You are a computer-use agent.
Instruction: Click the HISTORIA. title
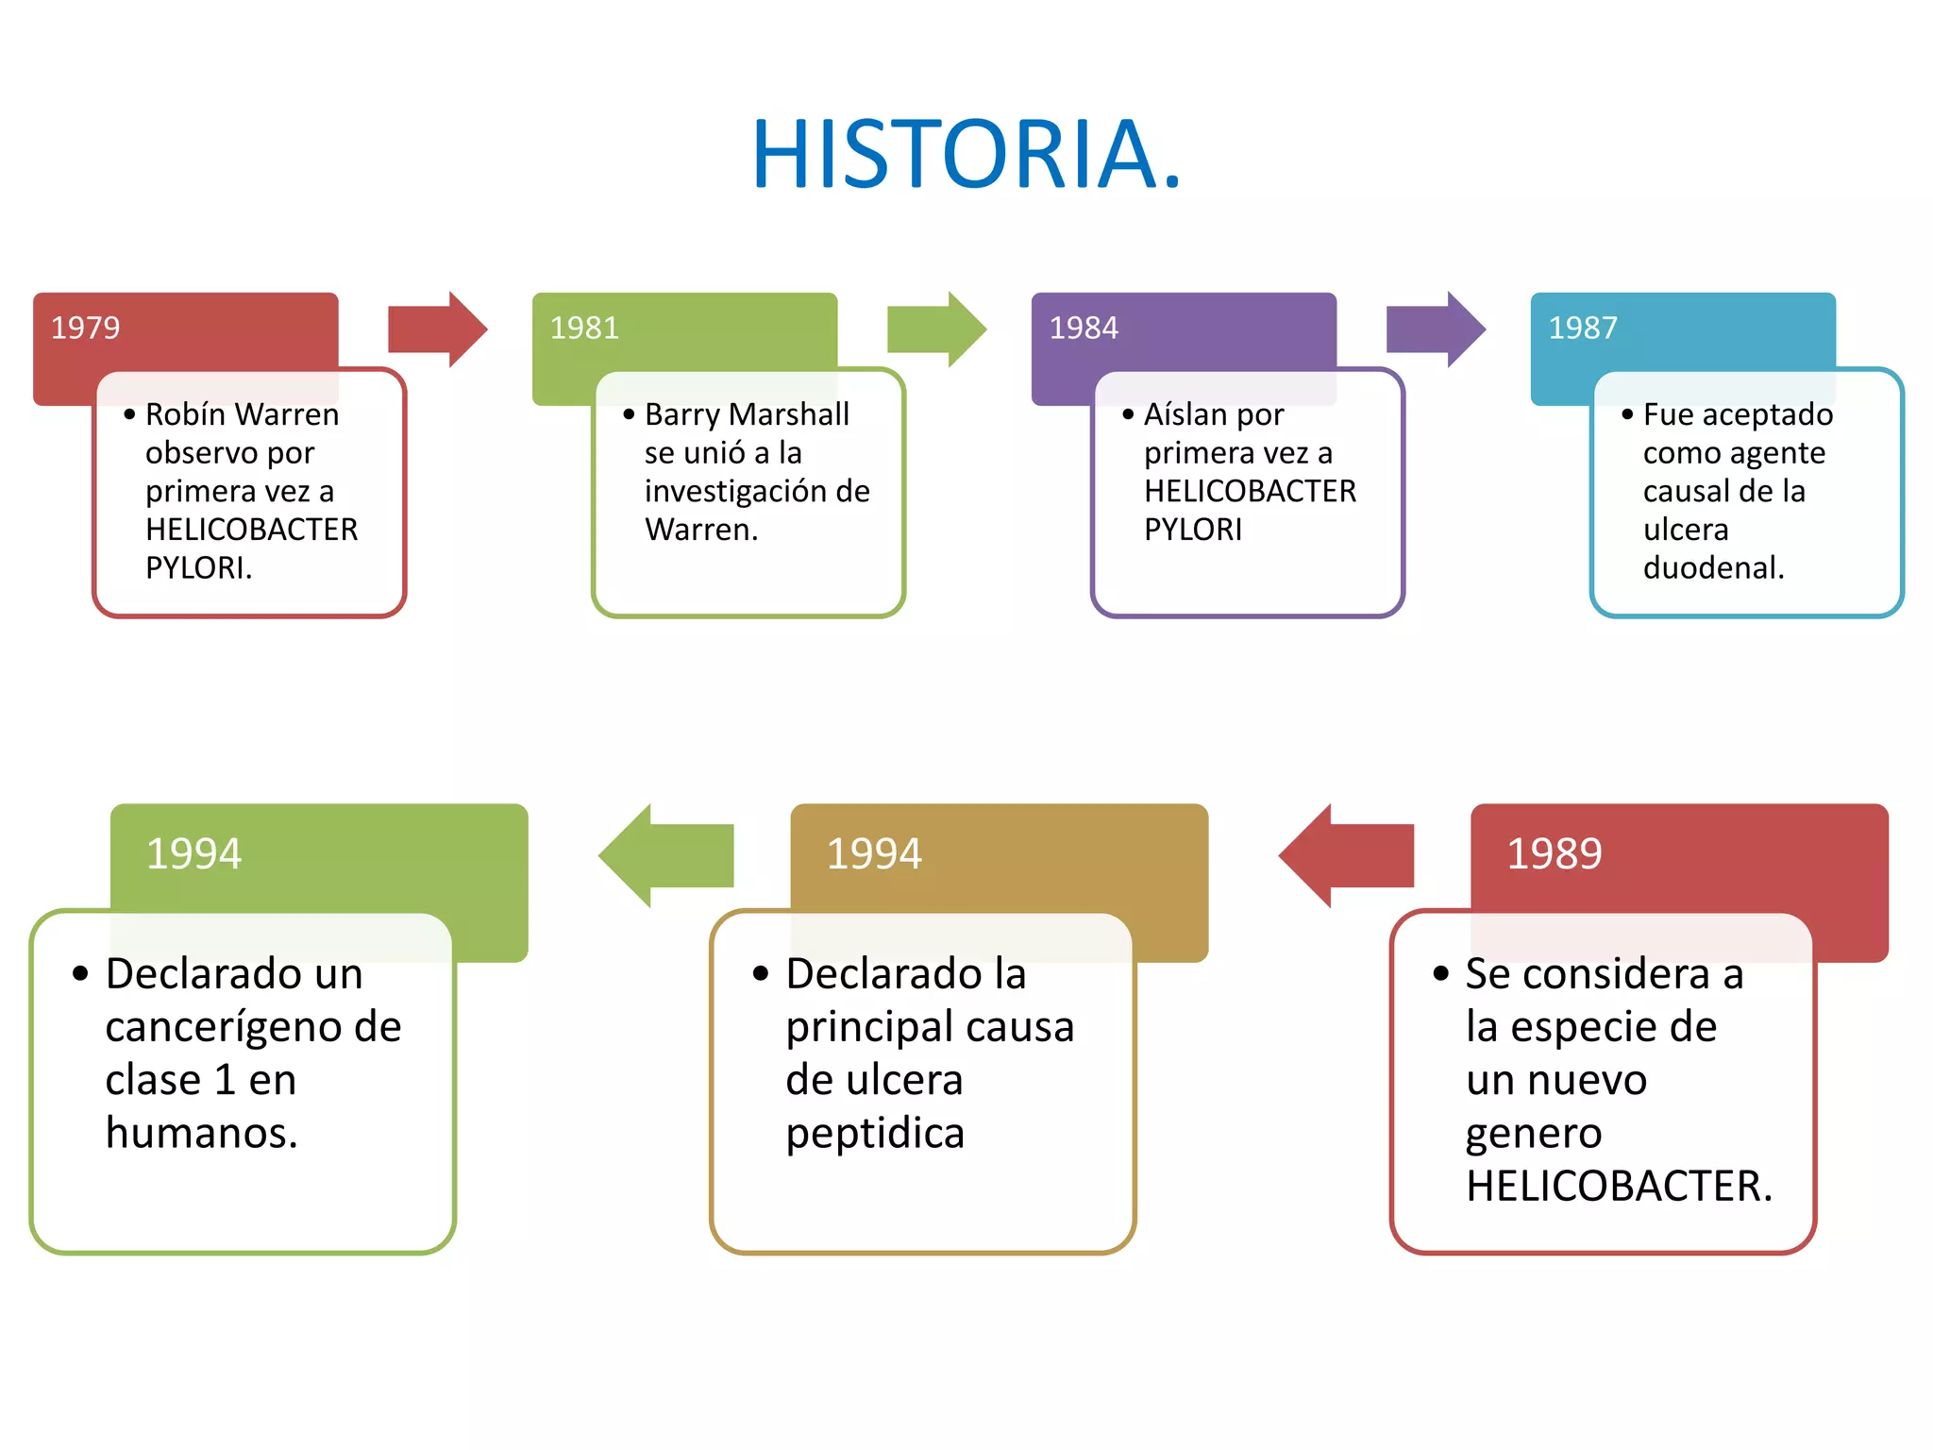(x=966, y=154)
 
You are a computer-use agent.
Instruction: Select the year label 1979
(x=85, y=328)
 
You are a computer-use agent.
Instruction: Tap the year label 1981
(x=584, y=328)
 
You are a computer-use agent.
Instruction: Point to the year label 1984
(x=1084, y=328)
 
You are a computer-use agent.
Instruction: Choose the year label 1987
(x=1583, y=328)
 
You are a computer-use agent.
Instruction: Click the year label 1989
(x=1554, y=853)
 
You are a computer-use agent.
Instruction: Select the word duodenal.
(x=1713, y=567)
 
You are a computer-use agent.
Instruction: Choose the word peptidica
(x=875, y=1134)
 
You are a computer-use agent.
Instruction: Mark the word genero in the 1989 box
(x=1534, y=1134)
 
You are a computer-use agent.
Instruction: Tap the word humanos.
(x=201, y=1133)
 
